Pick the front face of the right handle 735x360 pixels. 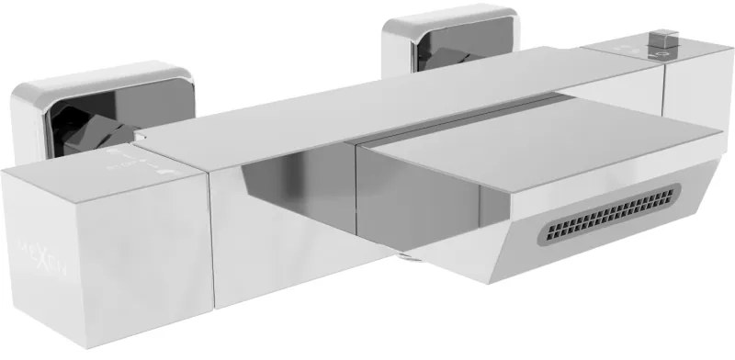tap(698, 101)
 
